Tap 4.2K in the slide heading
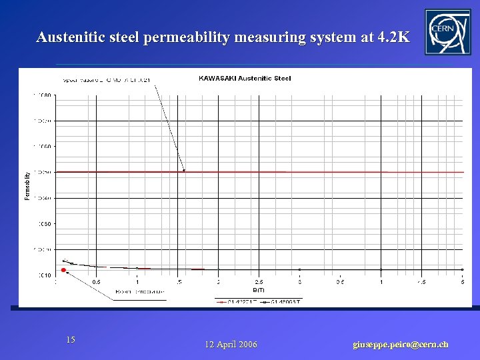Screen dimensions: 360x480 [393, 37]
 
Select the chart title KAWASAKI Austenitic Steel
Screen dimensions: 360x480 [245, 79]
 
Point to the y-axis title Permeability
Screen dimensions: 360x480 [27, 186]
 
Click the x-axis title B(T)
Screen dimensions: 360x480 [259, 290]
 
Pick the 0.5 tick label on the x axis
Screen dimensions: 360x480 [97, 282]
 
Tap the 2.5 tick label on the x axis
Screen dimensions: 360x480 [259, 282]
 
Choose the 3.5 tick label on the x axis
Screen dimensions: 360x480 [340, 282]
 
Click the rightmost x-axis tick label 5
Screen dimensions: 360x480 [462, 282]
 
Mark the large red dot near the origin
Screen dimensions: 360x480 [63, 270]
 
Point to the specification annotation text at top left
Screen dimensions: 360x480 [107, 80]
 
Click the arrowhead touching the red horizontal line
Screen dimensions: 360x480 [183, 171]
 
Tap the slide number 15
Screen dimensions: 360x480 [71, 340]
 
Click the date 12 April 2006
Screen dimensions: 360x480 [231, 345]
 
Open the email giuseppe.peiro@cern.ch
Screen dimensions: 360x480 [400, 345]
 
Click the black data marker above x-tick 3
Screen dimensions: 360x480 [299, 269]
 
